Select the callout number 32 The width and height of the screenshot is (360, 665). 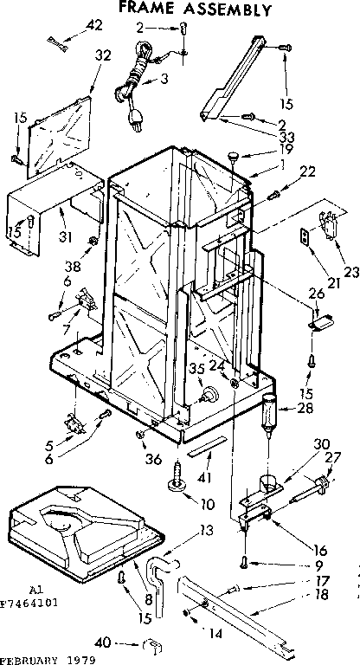tap(103, 55)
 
